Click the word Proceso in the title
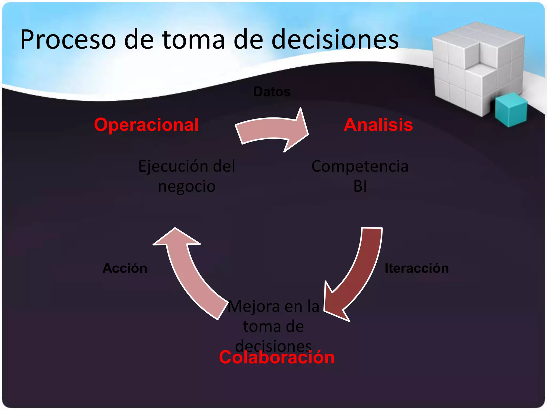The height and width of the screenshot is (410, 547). click(x=68, y=40)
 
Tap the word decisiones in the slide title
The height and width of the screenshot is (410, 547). click(x=335, y=40)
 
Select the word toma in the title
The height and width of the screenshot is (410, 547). click(x=193, y=40)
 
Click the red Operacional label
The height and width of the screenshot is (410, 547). click(x=146, y=125)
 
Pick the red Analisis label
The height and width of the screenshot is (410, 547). click(x=378, y=125)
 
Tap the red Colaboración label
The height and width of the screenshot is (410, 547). click(x=277, y=357)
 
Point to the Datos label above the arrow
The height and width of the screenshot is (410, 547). click(x=272, y=92)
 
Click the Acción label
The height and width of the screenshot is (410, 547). click(x=125, y=268)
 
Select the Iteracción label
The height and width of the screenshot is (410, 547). click(x=417, y=268)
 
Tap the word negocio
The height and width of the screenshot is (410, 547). click(x=187, y=186)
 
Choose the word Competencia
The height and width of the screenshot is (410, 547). click(x=360, y=166)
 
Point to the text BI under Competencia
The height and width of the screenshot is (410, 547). click(x=360, y=186)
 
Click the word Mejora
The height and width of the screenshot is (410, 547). click(x=254, y=306)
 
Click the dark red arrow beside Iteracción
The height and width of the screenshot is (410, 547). click(x=358, y=275)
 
